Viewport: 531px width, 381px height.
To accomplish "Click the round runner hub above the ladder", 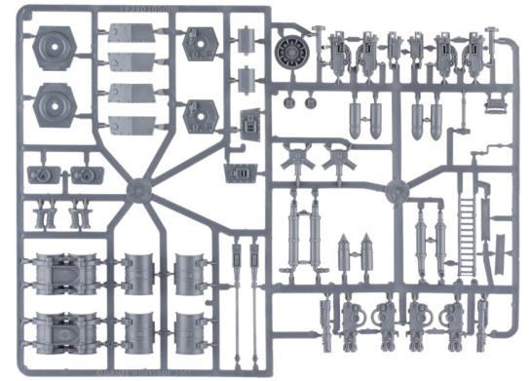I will [396, 191].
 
